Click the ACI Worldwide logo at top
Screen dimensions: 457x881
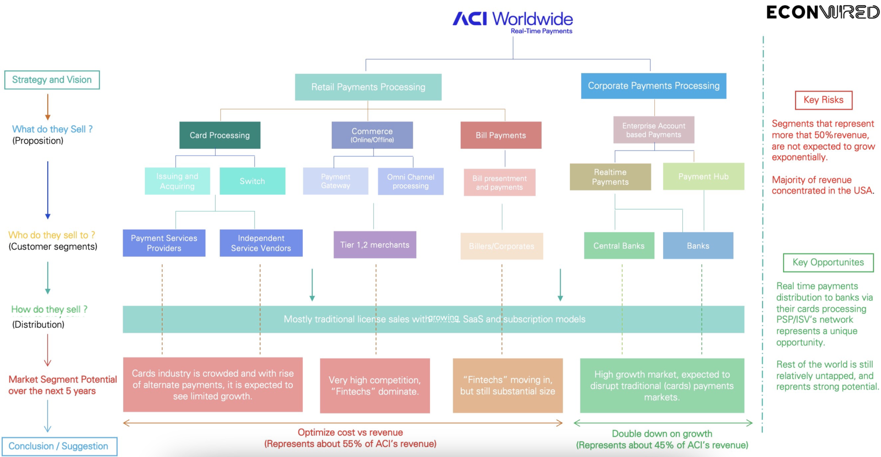tap(513, 21)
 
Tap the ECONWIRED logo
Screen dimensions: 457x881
tap(822, 12)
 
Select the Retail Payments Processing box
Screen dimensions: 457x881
tap(368, 87)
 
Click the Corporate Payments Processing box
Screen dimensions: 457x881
tap(653, 86)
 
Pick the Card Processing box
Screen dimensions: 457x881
tap(220, 135)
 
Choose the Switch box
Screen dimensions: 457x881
tap(252, 181)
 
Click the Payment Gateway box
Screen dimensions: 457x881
tap(335, 181)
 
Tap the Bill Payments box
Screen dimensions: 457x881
tap(501, 135)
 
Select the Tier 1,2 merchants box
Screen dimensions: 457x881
tap(374, 245)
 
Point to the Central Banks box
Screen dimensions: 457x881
tap(619, 246)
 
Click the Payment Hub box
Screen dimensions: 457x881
tap(703, 177)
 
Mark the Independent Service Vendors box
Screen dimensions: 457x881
tap(261, 243)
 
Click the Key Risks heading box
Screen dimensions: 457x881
tap(823, 100)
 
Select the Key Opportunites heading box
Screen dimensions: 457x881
tap(828, 263)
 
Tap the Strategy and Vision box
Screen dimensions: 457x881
tap(52, 80)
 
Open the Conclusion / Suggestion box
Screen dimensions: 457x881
tap(59, 446)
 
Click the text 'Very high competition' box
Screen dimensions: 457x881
tap(374, 386)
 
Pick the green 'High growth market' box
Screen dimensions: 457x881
tap(662, 386)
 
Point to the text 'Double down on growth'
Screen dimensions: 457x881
tap(662, 434)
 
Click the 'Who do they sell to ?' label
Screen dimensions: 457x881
tap(52, 235)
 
